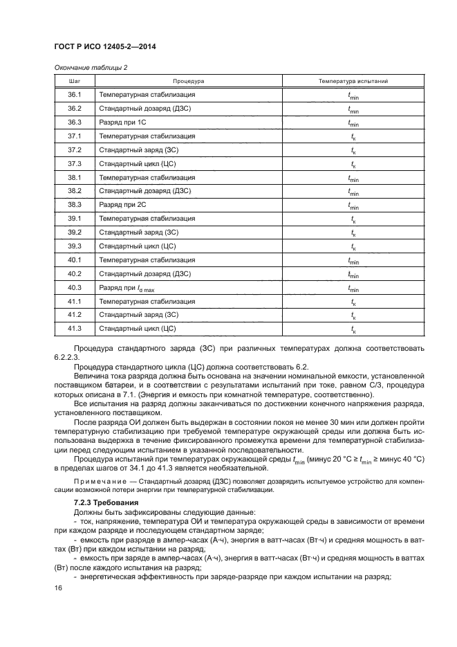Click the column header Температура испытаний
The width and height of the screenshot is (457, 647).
(x=353, y=81)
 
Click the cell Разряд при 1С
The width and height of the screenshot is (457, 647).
(x=123, y=122)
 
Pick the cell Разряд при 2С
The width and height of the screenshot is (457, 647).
(x=123, y=206)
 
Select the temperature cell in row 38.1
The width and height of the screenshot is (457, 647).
(x=353, y=178)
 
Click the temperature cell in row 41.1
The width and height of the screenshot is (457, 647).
(x=353, y=302)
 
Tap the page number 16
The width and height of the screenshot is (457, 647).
(x=58, y=588)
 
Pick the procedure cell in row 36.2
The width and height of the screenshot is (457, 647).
(x=143, y=109)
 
